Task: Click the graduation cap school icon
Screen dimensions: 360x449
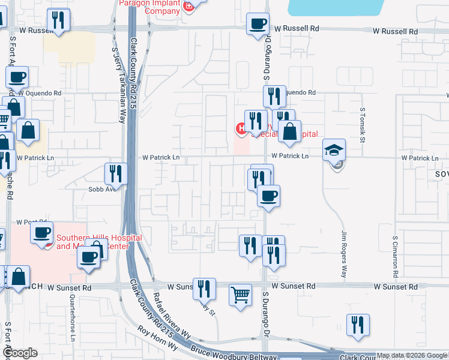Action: point(334,151)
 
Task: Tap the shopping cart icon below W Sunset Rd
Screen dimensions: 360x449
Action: point(240,295)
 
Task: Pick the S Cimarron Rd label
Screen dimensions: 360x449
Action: point(396,254)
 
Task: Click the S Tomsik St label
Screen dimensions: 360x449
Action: point(363,125)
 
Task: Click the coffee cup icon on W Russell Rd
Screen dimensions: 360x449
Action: point(258,24)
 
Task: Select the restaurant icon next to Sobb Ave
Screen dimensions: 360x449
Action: point(114,174)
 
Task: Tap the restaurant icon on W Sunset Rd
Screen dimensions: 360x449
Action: point(204,289)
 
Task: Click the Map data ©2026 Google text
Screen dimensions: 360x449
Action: point(412,356)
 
